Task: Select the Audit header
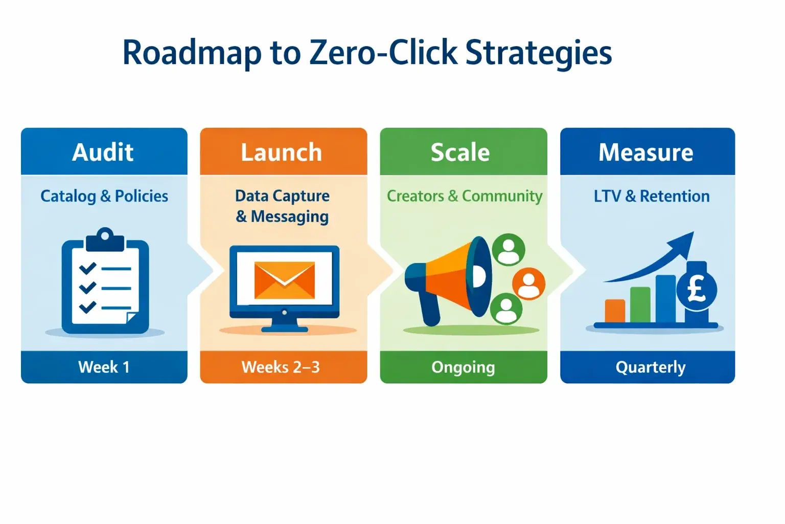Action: [103, 152]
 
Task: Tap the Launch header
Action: [282, 152]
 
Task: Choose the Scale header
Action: [460, 152]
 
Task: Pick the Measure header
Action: [646, 152]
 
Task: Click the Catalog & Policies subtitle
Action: [104, 196]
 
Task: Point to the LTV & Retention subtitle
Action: [652, 196]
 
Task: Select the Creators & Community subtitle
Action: [464, 196]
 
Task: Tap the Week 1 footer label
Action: [104, 367]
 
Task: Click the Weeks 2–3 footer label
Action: [281, 367]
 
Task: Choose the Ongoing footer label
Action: [463, 367]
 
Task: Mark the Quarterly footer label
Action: [651, 367]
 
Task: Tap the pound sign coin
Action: [697, 290]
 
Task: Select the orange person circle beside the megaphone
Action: [528, 283]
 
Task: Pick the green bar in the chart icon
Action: [640, 305]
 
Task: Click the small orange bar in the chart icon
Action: [615, 311]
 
